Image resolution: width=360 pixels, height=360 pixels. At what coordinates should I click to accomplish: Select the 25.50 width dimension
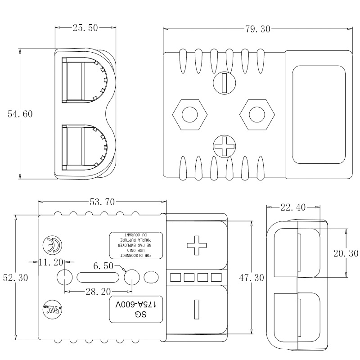pos(85,28)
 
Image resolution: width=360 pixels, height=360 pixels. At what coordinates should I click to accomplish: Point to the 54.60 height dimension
pos(20,114)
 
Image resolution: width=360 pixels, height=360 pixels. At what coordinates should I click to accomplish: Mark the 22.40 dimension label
pos(293,207)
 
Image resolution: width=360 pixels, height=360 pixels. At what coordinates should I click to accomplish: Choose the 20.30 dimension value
pos(346,254)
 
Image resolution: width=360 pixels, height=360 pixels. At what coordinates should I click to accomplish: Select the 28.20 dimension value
pos(98,292)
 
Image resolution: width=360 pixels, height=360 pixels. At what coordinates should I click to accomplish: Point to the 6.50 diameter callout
pos(103,266)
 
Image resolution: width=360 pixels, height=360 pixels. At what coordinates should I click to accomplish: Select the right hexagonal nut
pos(256,114)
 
